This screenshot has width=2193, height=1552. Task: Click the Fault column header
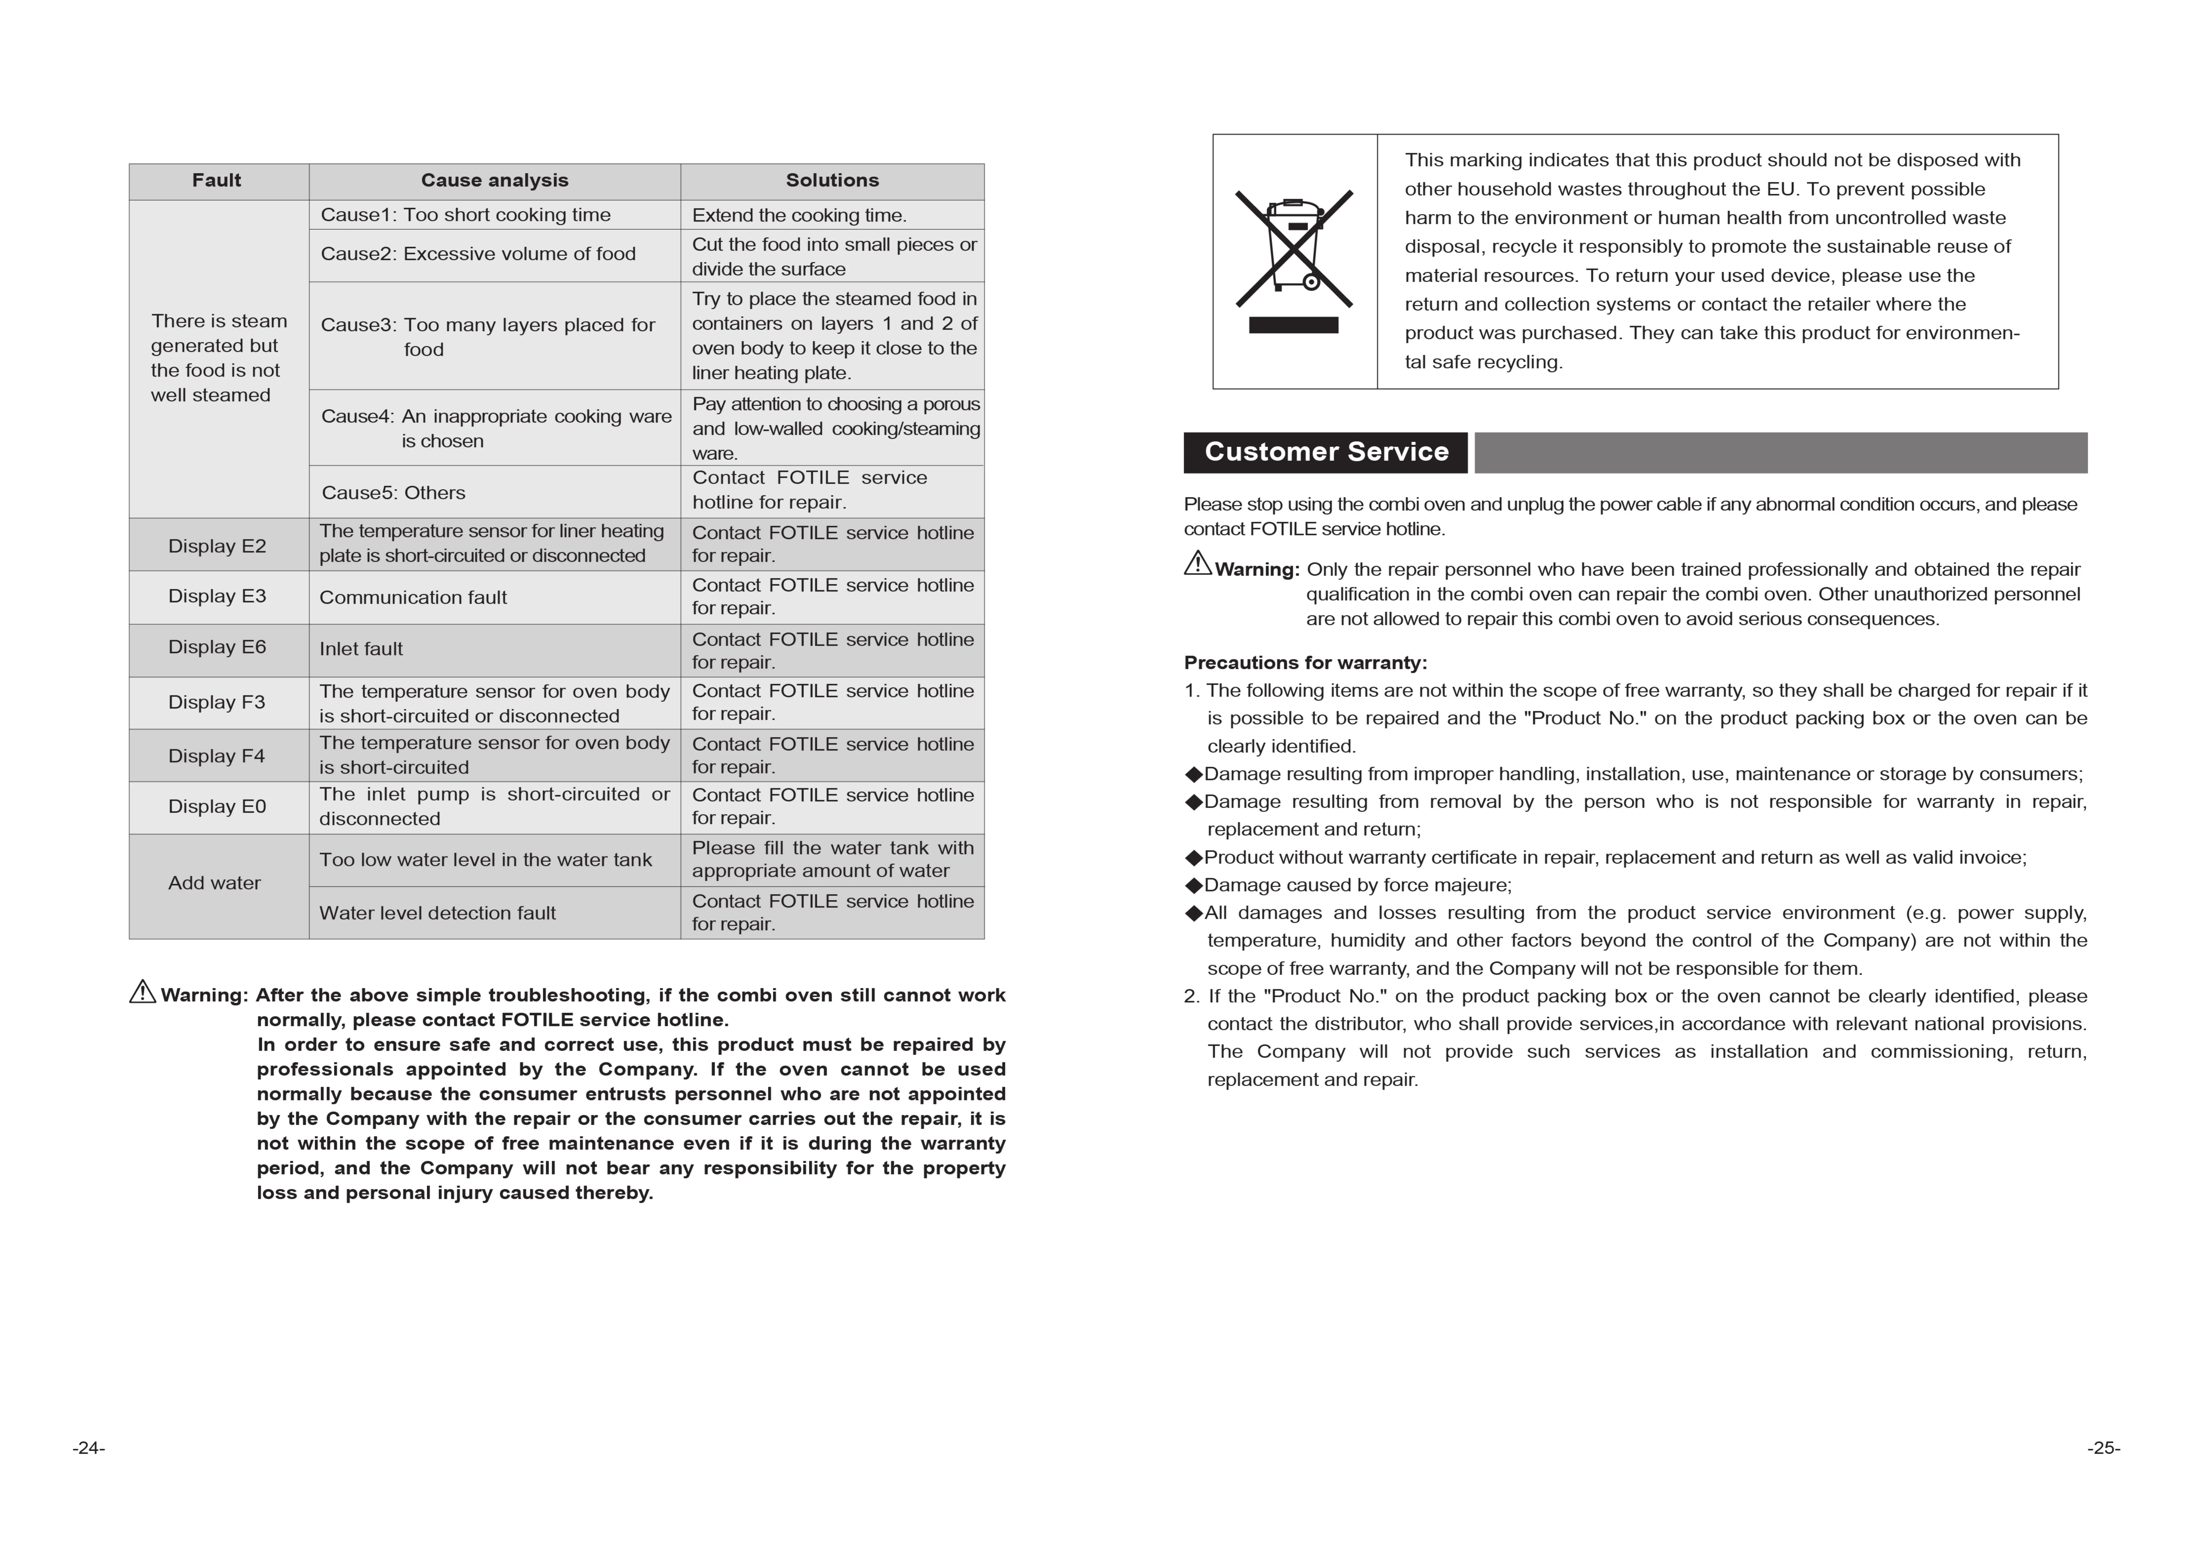tap(217, 181)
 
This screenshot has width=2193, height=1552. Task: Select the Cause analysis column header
tap(494, 181)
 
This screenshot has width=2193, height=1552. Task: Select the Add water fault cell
tap(215, 883)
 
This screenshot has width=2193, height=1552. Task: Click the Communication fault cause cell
tap(413, 597)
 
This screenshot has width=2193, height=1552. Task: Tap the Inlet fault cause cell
tap(361, 649)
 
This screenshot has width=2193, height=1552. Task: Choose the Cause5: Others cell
tap(394, 493)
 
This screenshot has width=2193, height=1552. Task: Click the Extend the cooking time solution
tap(799, 215)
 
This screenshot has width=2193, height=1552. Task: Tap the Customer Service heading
tap(1325, 452)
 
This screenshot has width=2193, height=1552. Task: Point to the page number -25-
tap(2103, 1448)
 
